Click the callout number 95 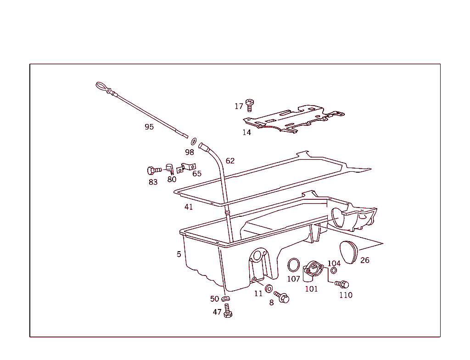click(x=149, y=127)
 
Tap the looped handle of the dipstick click(x=101, y=87)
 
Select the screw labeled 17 click(x=249, y=105)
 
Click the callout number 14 click(x=246, y=132)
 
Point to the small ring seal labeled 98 click(x=194, y=141)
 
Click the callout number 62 click(x=230, y=161)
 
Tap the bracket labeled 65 click(x=186, y=168)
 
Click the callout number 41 click(x=188, y=207)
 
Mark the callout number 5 click(x=179, y=254)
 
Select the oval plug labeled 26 click(x=349, y=252)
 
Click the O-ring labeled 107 click(x=293, y=265)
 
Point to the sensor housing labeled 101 click(x=312, y=271)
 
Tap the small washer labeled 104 click(x=333, y=270)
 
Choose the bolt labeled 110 click(x=341, y=284)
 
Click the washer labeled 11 click(x=269, y=289)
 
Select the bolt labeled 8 click(x=281, y=297)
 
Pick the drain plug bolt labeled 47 click(x=228, y=311)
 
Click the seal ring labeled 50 click(x=225, y=298)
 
